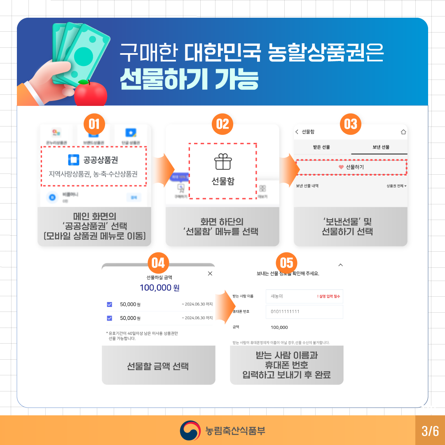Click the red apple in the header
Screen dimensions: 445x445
point(90,94)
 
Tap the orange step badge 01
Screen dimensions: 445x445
point(94,124)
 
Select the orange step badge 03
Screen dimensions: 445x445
point(351,124)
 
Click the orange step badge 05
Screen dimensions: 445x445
point(286,263)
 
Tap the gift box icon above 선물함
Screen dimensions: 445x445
point(223,162)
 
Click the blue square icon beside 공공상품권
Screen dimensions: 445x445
point(73,160)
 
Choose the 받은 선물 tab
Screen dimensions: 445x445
point(322,147)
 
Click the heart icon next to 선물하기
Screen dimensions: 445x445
point(341,167)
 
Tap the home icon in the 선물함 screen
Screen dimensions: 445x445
point(403,132)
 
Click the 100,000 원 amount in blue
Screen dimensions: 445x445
point(159,288)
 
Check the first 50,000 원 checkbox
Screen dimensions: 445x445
point(110,304)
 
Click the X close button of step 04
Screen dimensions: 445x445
point(210,274)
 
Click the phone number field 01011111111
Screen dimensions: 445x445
point(304,311)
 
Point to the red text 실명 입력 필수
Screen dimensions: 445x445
point(328,296)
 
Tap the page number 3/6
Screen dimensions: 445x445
point(430,431)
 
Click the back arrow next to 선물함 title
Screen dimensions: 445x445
point(297,132)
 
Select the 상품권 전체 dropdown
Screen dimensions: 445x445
point(396,186)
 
